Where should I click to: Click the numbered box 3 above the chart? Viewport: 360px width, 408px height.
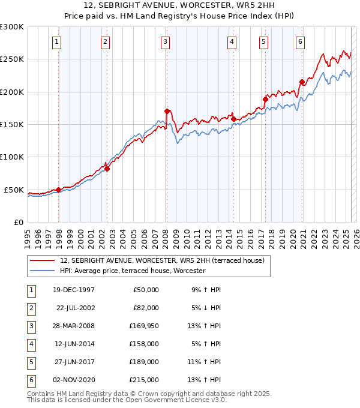coord(164,41)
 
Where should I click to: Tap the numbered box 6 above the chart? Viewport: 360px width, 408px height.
coord(299,41)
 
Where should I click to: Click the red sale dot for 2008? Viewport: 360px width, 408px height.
coord(167,111)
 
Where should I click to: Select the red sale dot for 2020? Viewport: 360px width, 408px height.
coord(302,82)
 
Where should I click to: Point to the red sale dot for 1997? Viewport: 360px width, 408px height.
coord(58,190)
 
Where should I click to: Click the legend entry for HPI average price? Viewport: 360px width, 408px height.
coord(133,271)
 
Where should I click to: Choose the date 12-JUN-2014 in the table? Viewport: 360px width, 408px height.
coord(74,343)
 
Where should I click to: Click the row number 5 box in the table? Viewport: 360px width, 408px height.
coord(30,361)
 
